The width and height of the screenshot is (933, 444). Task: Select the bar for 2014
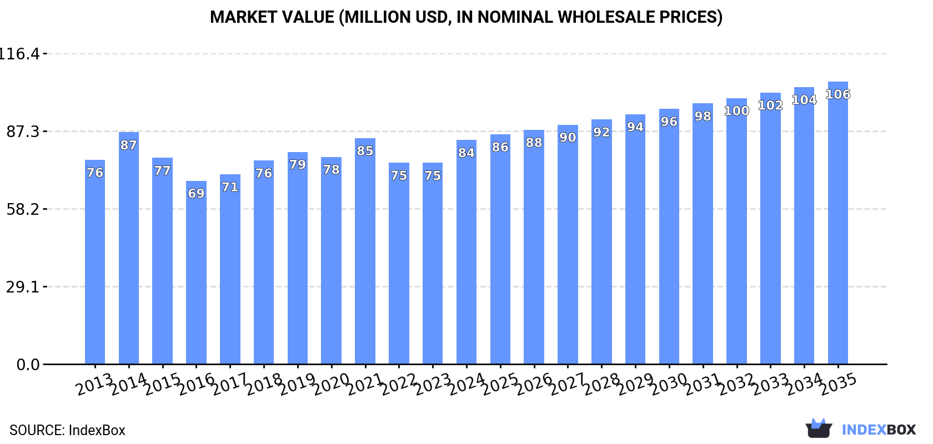tap(129, 250)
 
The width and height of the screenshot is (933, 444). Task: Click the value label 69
tap(196, 193)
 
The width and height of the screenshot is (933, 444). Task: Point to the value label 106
tap(837, 94)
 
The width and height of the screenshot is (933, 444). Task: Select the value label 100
tap(736, 110)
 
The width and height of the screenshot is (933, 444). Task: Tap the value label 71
tap(230, 187)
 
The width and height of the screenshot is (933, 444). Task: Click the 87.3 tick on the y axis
tap(23, 132)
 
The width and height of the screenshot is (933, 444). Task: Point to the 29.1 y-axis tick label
tap(23, 287)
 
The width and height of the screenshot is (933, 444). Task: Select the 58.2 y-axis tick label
tap(23, 209)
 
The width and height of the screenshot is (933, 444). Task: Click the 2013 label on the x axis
tap(94, 385)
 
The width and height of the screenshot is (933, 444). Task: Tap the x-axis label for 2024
tap(466, 385)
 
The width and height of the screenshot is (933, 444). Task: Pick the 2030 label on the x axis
tap(669, 385)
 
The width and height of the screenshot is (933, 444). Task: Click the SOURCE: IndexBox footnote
tap(67, 430)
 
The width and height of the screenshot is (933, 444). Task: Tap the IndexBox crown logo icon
tap(819, 428)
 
